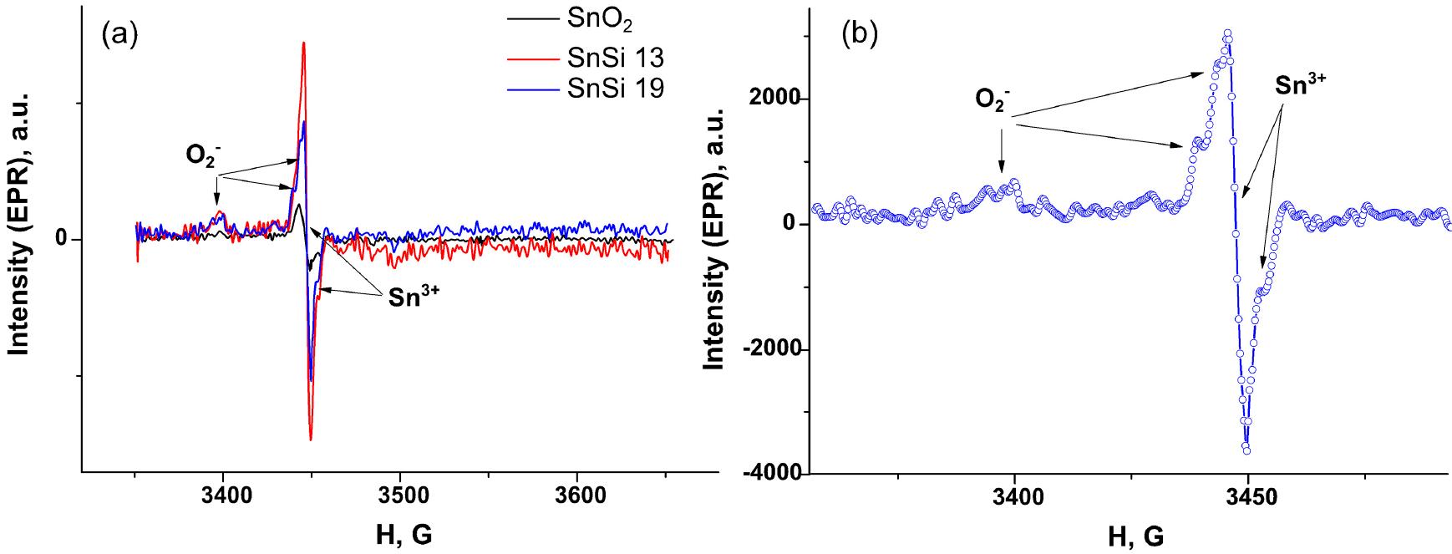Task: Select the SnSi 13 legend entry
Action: click(x=616, y=58)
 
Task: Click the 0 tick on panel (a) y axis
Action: click(x=62, y=241)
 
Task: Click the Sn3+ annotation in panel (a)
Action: click(x=413, y=299)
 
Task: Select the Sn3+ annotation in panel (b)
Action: click(x=1301, y=85)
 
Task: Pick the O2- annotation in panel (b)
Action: click(x=994, y=101)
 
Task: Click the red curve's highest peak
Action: click(x=303, y=43)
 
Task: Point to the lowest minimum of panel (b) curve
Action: click(x=1246, y=450)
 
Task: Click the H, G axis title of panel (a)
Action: click(x=401, y=534)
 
